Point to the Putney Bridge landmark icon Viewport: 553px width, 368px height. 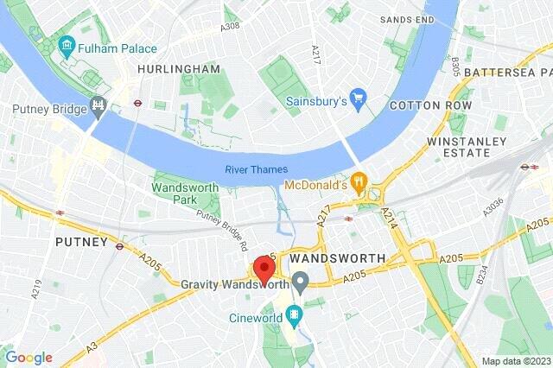coord(99,109)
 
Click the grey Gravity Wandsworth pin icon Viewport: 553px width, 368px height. coord(300,282)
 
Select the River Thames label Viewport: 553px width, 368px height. coord(257,169)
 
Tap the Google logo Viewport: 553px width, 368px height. coord(28,357)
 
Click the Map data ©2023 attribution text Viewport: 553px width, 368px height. coord(515,360)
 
